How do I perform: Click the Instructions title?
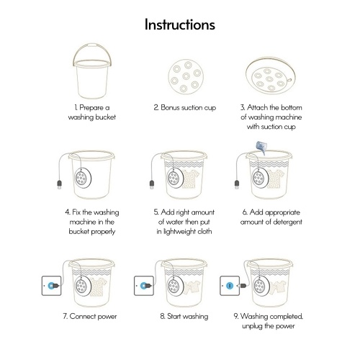point(180,24)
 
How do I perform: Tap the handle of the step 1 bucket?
point(92,45)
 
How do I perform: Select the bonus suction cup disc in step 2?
point(186,76)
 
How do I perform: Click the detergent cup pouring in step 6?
point(262,148)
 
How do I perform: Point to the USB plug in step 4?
point(60,184)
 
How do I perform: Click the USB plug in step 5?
point(152,184)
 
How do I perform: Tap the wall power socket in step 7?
point(51,286)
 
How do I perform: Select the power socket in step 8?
point(144,286)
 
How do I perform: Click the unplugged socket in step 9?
point(230,286)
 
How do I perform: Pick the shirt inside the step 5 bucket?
point(191,179)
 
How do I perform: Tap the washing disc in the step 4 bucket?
point(83,178)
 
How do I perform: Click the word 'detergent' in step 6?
point(287,222)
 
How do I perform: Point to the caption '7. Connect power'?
point(90,317)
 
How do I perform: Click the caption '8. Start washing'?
point(184,316)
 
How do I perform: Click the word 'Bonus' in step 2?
point(170,107)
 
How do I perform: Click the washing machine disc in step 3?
point(271,77)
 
